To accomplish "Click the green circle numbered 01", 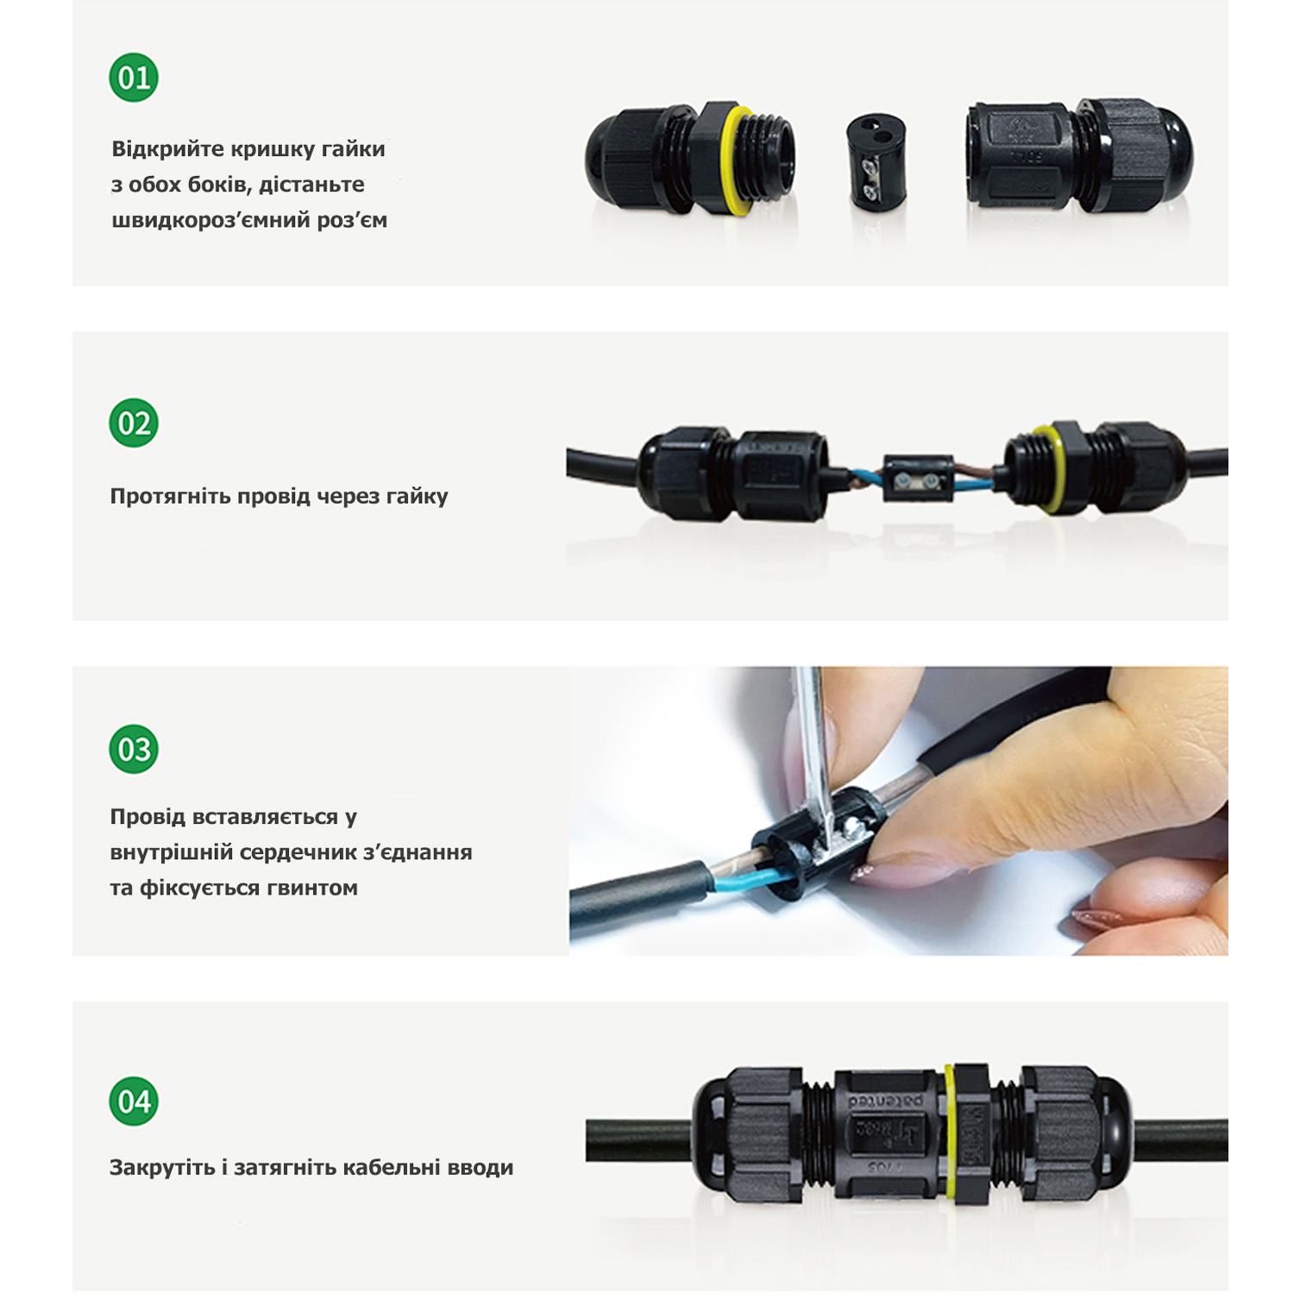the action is (134, 78).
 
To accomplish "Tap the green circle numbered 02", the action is (134, 423).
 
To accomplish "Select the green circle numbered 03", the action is (134, 749).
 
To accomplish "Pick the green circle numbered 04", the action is (134, 1101).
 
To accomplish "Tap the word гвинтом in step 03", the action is (311, 888).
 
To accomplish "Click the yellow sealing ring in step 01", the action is (736, 160).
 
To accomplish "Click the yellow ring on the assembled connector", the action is (950, 1131).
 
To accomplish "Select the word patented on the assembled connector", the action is (885, 1102).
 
